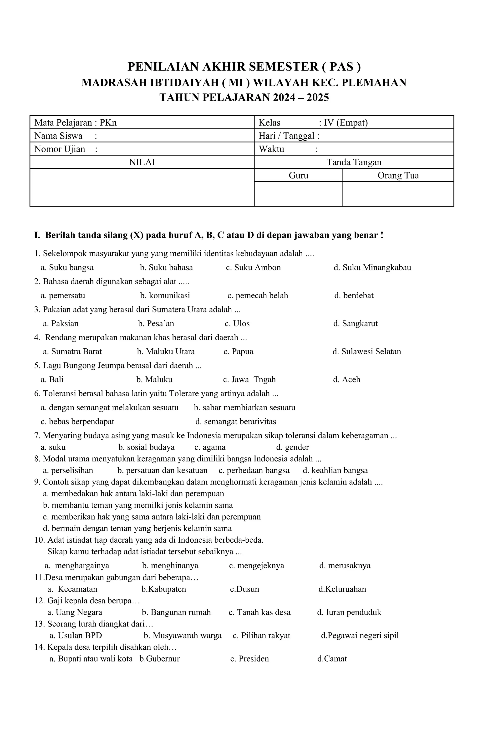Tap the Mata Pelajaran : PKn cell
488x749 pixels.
click(76, 122)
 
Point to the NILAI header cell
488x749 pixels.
click(142, 162)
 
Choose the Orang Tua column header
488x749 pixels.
click(398, 175)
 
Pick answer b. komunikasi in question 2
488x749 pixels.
click(165, 296)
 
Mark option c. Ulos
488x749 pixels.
click(237, 324)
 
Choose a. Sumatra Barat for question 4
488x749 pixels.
click(72, 352)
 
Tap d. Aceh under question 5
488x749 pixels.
click(346, 380)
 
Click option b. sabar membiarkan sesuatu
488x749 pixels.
click(244, 408)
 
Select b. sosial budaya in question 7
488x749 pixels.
click(146, 447)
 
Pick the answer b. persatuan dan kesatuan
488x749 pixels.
click(162, 470)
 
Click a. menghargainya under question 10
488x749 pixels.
click(77, 566)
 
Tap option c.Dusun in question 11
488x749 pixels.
click(244, 589)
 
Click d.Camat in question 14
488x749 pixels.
click(332, 659)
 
